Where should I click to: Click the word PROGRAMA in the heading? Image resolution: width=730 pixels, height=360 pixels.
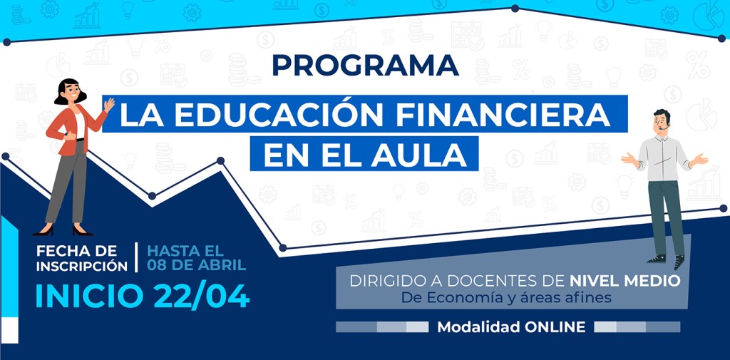click(x=366, y=65)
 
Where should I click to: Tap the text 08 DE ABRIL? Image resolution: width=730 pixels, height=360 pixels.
click(x=197, y=265)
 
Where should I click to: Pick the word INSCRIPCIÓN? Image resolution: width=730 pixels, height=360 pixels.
click(x=82, y=266)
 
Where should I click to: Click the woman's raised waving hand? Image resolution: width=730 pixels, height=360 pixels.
click(x=109, y=104)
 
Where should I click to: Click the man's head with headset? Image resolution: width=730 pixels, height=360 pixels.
click(x=662, y=122)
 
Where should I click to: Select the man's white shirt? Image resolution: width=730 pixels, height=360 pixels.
click(x=663, y=158)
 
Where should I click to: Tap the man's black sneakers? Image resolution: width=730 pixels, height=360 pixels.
click(x=667, y=261)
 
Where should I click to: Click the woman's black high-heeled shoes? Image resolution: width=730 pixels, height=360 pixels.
click(x=63, y=230)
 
